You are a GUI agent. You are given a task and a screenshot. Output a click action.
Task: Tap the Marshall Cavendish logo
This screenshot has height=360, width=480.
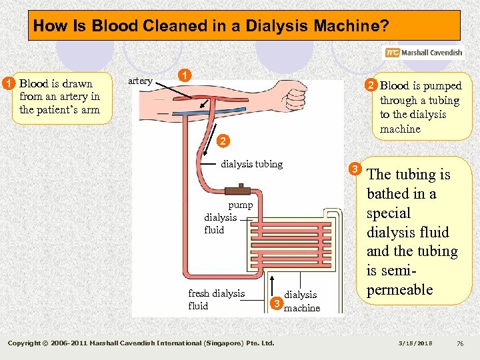[423, 53]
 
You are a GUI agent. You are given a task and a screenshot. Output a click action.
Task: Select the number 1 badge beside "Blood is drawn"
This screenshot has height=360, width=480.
[7, 83]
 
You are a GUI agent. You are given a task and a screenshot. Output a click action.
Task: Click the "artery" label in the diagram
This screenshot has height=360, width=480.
[140, 81]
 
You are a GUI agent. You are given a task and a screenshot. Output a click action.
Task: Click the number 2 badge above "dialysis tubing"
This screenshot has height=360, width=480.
[223, 141]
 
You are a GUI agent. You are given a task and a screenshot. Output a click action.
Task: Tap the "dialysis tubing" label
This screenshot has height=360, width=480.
[251, 164]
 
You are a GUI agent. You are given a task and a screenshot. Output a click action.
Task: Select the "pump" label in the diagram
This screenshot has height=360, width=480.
[240, 205]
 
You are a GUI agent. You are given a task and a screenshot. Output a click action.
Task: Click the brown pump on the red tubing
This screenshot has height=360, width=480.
[236, 191]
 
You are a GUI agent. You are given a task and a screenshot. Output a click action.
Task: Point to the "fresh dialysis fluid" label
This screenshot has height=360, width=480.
[216, 299]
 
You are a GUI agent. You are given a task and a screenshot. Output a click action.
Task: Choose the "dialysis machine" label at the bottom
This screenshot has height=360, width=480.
[301, 301]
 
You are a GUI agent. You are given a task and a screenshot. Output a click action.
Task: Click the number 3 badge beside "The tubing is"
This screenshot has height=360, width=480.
[356, 169]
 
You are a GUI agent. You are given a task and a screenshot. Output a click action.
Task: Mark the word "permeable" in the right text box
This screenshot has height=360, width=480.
[399, 290]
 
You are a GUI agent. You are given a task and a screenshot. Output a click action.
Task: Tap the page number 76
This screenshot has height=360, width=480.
[459, 343]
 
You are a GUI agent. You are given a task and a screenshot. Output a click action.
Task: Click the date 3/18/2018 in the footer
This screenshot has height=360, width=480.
[415, 343]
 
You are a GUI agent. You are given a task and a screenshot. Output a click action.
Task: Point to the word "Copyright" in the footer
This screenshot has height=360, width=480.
[26, 343]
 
